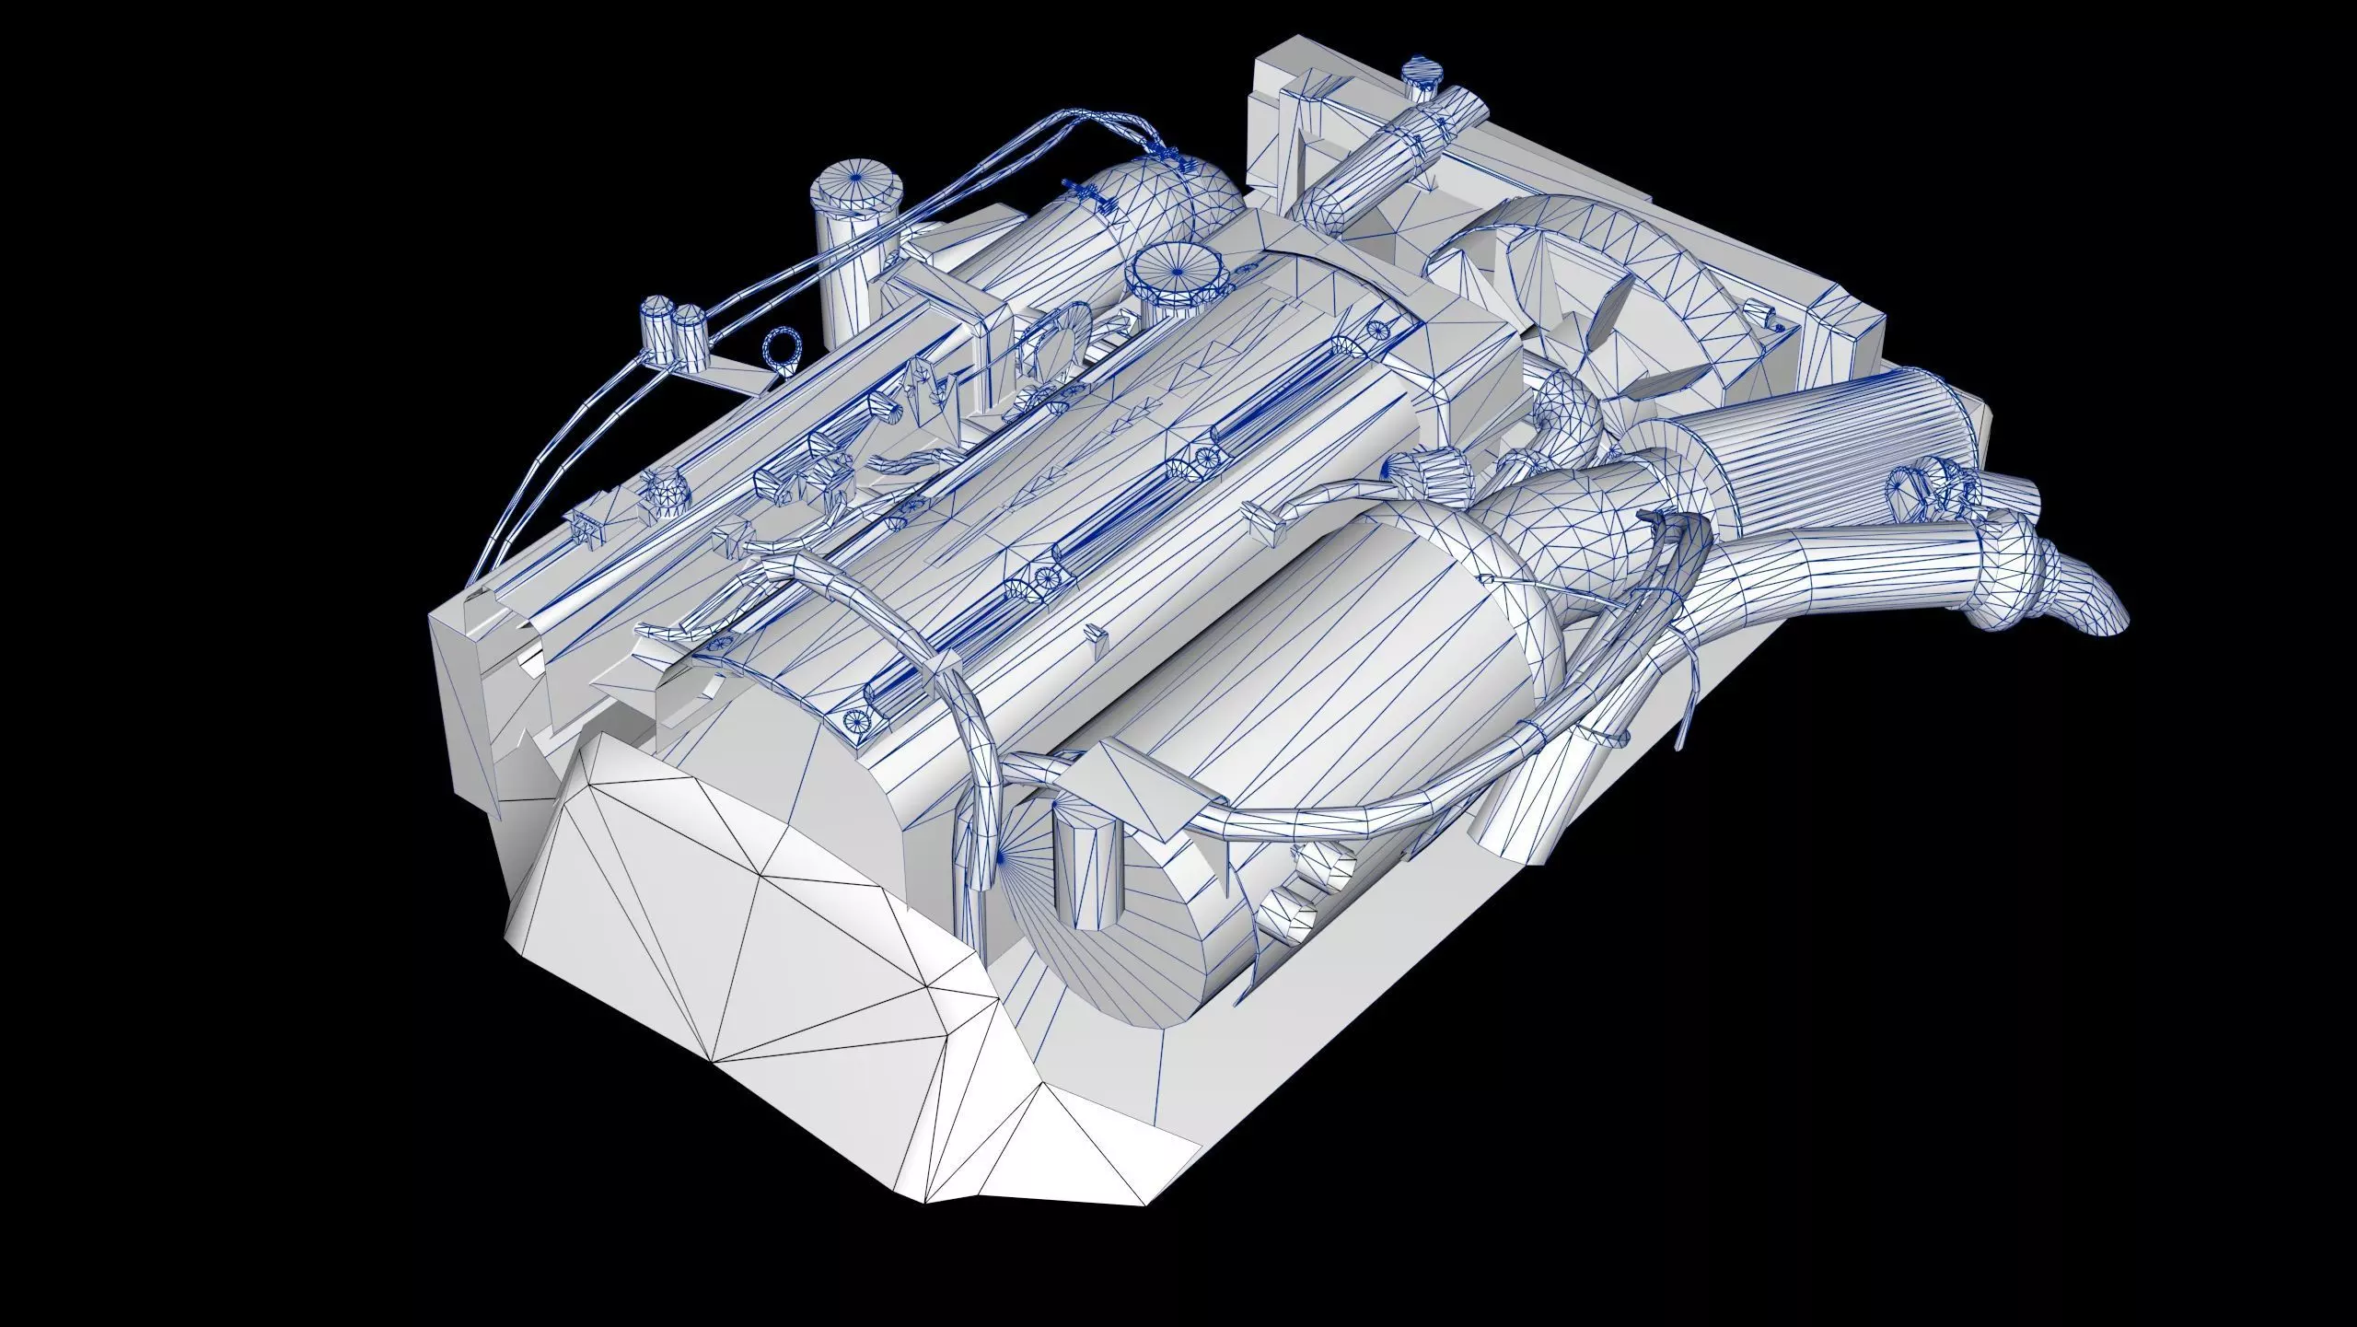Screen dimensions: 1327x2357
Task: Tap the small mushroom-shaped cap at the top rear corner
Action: pos(1420,79)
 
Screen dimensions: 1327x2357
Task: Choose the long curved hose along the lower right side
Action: pos(1335,810)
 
